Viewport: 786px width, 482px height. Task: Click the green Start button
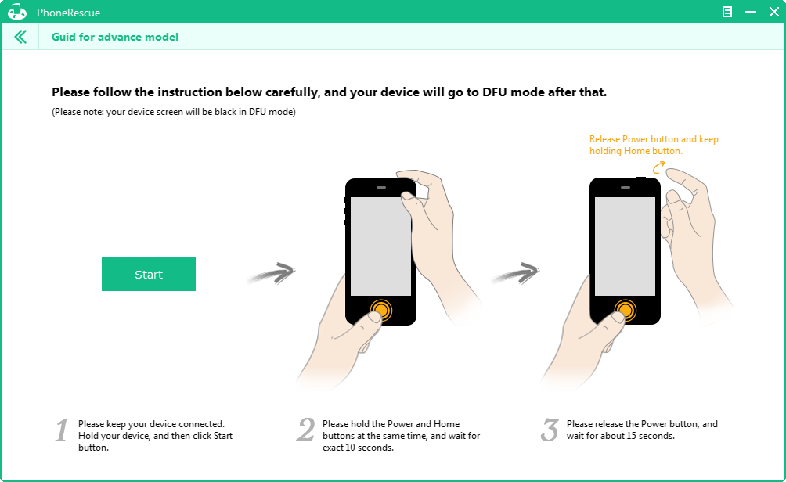pyautogui.click(x=149, y=274)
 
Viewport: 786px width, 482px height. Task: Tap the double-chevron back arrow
pyautogui.click(x=20, y=37)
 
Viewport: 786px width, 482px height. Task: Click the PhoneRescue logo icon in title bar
pyautogui.click(x=17, y=12)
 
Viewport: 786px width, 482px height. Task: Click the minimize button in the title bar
pyautogui.click(x=751, y=12)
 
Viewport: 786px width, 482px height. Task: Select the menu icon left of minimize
pyautogui.click(x=727, y=12)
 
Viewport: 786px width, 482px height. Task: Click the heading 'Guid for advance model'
pyautogui.click(x=115, y=37)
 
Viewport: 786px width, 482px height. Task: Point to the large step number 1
pyautogui.click(x=62, y=430)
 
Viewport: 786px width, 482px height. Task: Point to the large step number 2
pyautogui.click(x=305, y=430)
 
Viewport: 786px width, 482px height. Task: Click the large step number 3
pyautogui.click(x=550, y=430)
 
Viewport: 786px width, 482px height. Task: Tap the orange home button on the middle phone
pyautogui.click(x=381, y=310)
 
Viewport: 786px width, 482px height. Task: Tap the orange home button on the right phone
pyautogui.click(x=625, y=310)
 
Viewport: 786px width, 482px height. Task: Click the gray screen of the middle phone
pyautogui.click(x=380, y=246)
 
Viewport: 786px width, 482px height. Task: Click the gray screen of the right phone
pyautogui.click(x=625, y=246)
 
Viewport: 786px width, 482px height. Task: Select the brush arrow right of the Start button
pyautogui.click(x=272, y=274)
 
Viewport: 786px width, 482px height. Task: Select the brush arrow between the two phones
pyautogui.click(x=516, y=274)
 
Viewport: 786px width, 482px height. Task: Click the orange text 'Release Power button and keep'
pyautogui.click(x=654, y=139)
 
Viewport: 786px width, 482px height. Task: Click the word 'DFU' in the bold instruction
pyautogui.click(x=495, y=92)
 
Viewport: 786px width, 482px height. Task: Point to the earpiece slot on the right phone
pyautogui.click(x=625, y=187)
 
